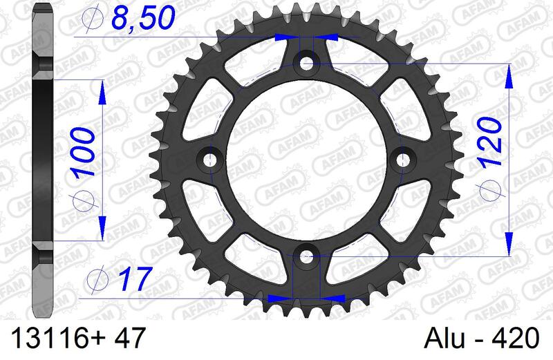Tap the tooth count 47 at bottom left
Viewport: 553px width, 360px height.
click(128, 339)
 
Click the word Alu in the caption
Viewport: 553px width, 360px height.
click(443, 339)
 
